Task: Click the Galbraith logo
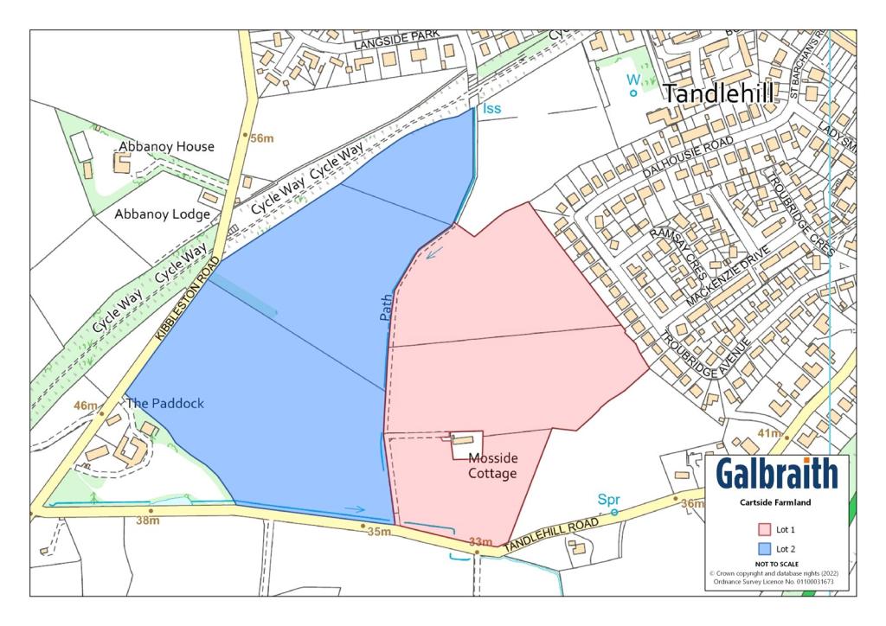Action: click(x=776, y=474)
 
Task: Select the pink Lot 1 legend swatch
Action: click(x=764, y=529)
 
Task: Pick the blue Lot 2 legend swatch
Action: click(x=764, y=548)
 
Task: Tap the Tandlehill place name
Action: click(x=718, y=94)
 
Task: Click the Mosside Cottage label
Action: click(x=492, y=466)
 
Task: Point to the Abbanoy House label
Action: click(x=166, y=146)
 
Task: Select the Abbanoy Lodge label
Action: click(x=163, y=214)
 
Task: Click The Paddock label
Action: click(x=164, y=403)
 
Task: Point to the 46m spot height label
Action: click(x=86, y=406)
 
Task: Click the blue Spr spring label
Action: click(x=609, y=500)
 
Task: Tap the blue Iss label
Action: click(x=491, y=108)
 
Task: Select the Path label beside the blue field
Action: click(x=386, y=307)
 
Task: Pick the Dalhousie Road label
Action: click(x=690, y=156)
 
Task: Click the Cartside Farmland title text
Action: click(x=775, y=502)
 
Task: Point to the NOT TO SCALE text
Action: click(x=776, y=564)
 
